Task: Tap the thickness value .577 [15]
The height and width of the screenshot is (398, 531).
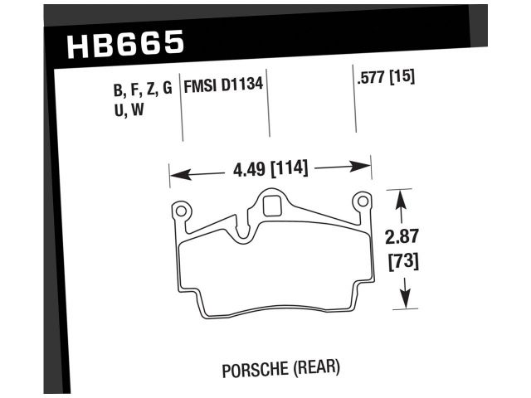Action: [384, 80]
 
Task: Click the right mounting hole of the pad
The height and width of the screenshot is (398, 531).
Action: [361, 202]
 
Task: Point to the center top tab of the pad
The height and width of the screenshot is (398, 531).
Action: [270, 201]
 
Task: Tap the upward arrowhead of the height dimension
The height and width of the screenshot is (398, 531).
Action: [402, 197]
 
